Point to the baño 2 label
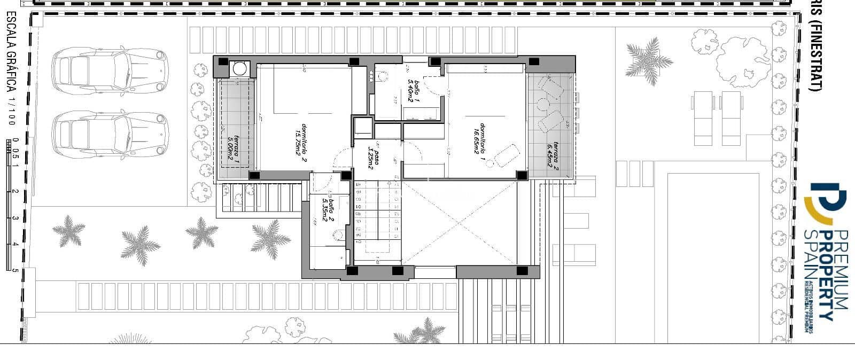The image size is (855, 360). [x=328, y=210]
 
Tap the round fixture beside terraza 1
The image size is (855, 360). [x=239, y=68]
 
